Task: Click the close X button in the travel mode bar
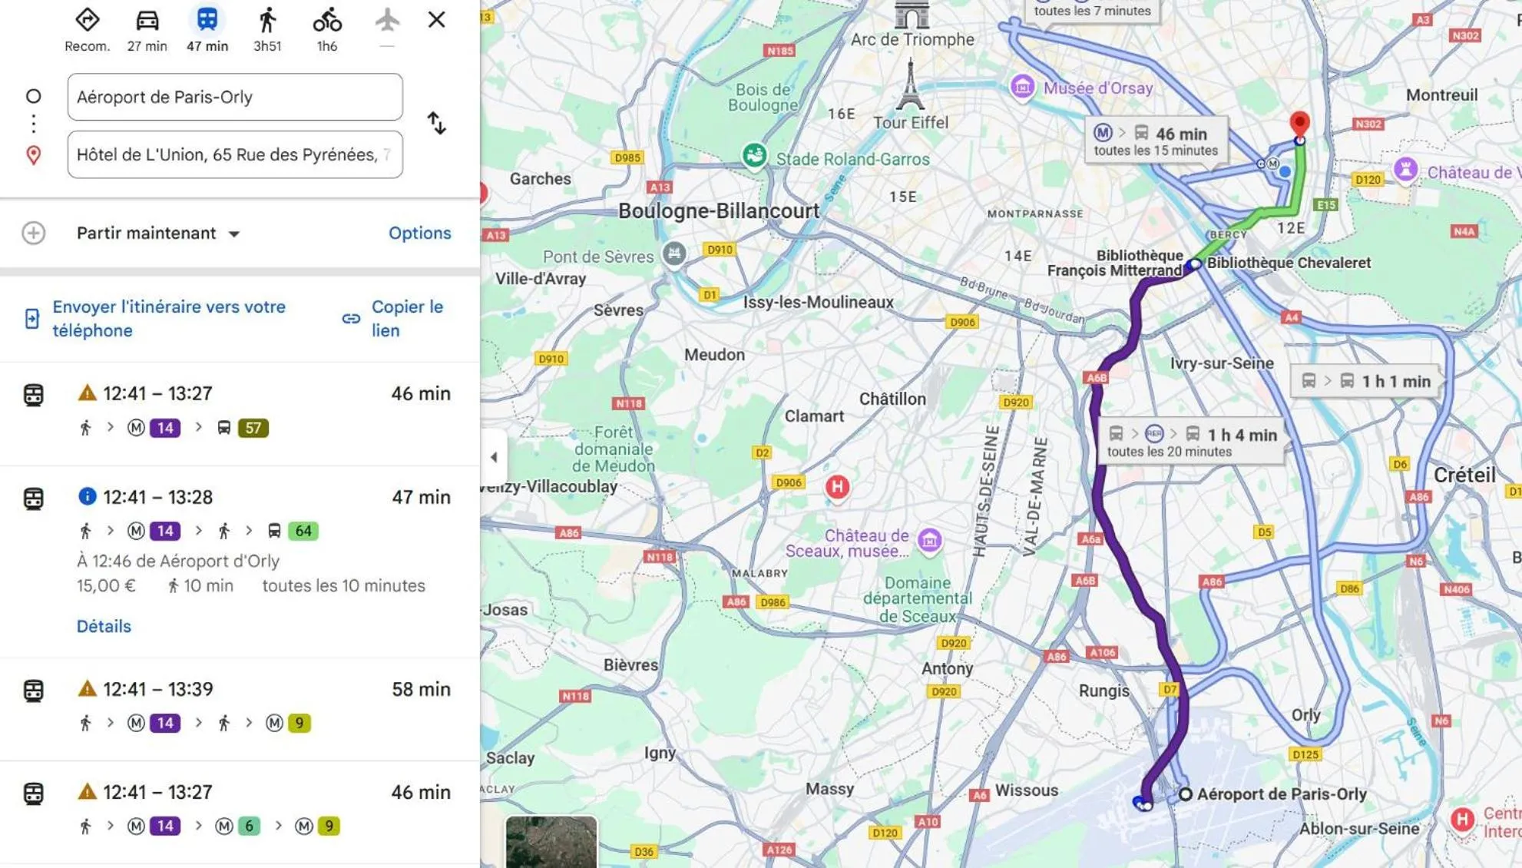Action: [x=436, y=20]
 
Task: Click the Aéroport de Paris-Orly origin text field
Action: [x=234, y=97]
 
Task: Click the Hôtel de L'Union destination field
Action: [x=234, y=155]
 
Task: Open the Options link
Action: [x=419, y=233]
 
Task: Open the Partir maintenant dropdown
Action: [x=158, y=234]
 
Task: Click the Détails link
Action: [x=104, y=626]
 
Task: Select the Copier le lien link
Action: [x=406, y=318]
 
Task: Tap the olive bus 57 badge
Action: [x=253, y=428]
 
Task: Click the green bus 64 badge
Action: [x=303, y=531]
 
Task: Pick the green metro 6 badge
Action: [x=247, y=826]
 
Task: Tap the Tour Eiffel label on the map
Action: [x=911, y=122]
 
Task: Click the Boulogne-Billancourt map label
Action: [x=719, y=210]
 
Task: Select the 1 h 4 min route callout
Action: [x=1191, y=442]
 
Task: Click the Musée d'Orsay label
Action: [x=1097, y=88]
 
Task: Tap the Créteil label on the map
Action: [x=1464, y=475]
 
